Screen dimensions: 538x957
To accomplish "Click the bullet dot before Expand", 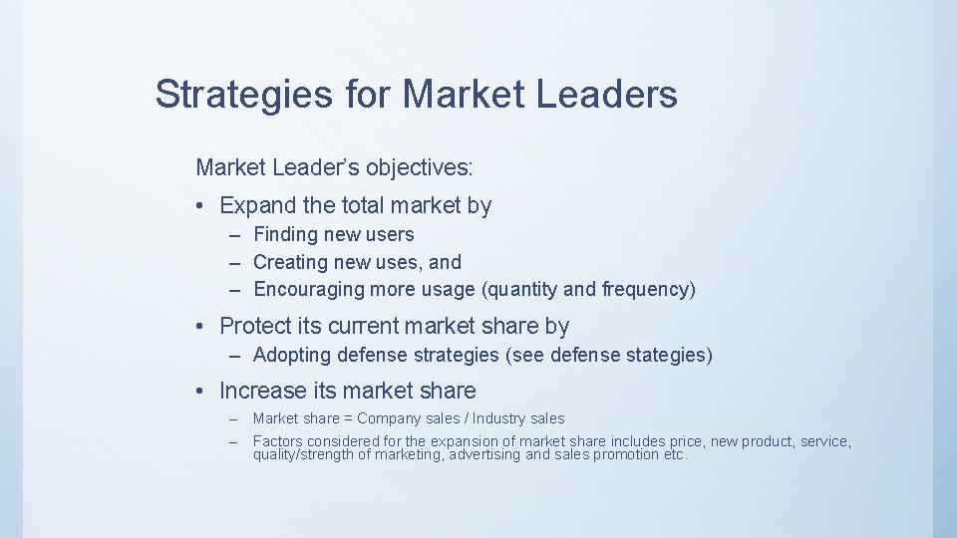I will [x=200, y=206].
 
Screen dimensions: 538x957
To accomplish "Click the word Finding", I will [x=282, y=235].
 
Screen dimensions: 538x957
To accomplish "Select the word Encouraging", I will [x=309, y=290].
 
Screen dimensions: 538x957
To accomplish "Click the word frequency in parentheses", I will [x=644, y=290].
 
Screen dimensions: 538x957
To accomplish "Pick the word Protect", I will [x=255, y=326].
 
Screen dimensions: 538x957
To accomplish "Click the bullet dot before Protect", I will [x=200, y=327].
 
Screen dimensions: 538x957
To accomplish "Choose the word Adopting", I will [x=293, y=355].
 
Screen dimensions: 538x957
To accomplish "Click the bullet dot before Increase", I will [x=200, y=392].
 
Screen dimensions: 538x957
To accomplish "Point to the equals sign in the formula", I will [x=348, y=418].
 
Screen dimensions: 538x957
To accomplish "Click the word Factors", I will [x=278, y=441].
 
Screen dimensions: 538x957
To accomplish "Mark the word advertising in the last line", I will [x=484, y=455].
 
